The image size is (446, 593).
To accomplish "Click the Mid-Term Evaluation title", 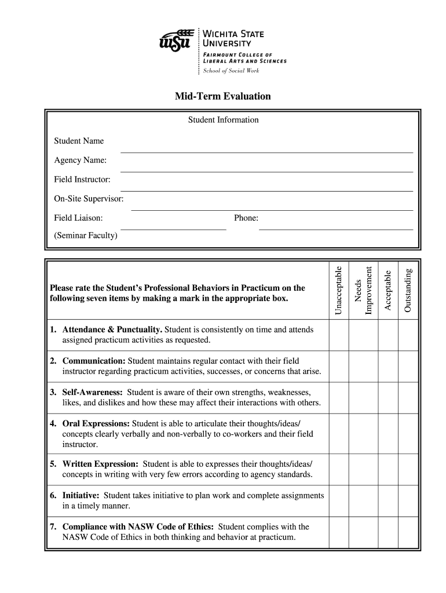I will [x=223, y=96].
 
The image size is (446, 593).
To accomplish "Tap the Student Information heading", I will [x=223, y=120].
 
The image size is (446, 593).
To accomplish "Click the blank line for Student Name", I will [x=266, y=151].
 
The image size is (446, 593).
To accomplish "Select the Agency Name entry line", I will [x=266, y=171].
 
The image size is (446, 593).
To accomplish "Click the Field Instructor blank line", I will [x=266, y=190].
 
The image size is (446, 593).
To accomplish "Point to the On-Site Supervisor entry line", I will [x=272, y=209].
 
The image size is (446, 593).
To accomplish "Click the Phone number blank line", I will [x=336, y=229].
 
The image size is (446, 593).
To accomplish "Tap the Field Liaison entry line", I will [x=173, y=229].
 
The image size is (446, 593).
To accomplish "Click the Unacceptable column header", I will [x=339, y=290].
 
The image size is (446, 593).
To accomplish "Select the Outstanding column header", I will [x=407, y=290].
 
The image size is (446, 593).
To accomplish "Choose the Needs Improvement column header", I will [x=363, y=290].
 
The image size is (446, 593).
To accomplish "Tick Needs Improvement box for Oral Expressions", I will [x=363, y=433].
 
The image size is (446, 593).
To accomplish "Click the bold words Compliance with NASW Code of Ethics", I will [x=138, y=526].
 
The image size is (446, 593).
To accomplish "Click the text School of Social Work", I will [x=231, y=71].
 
